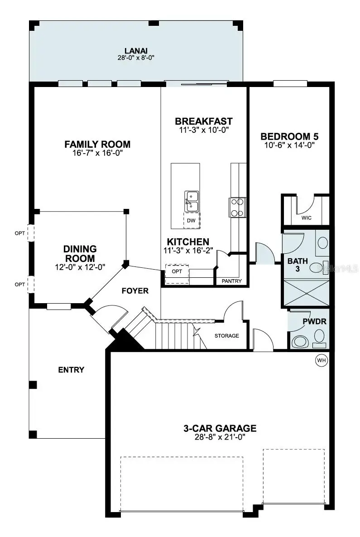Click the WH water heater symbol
point(321,360)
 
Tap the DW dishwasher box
point(191,220)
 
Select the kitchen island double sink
point(191,201)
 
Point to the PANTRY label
point(231,281)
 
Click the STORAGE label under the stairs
point(226,336)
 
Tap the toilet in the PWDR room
point(299,341)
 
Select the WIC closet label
point(307,218)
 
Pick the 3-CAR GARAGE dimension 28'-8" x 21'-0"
point(220,437)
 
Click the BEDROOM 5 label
point(287,136)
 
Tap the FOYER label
point(135,290)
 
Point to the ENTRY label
point(71,370)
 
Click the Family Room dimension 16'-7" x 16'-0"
point(97,153)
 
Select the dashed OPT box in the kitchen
point(177,274)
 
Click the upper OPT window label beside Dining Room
point(19,233)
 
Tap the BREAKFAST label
point(203,121)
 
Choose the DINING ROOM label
point(80,254)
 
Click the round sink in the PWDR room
point(320,336)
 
